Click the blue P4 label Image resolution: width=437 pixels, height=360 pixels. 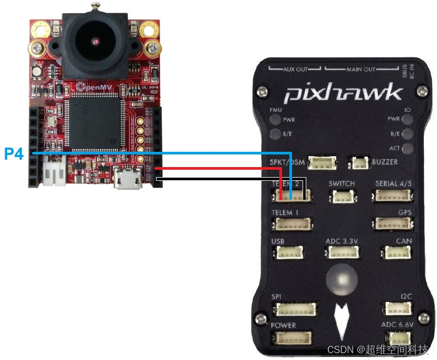(x=13, y=153)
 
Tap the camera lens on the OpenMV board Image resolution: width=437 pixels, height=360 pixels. (x=94, y=41)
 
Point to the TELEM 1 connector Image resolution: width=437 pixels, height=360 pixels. (x=291, y=224)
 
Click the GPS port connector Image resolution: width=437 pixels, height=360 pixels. (x=392, y=224)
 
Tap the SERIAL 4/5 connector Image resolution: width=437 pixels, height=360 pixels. (x=392, y=196)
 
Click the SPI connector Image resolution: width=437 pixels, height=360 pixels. (x=297, y=309)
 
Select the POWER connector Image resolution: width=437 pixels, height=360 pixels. (x=291, y=338)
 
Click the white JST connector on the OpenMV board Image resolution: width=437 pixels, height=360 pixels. (x=54, y=171)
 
